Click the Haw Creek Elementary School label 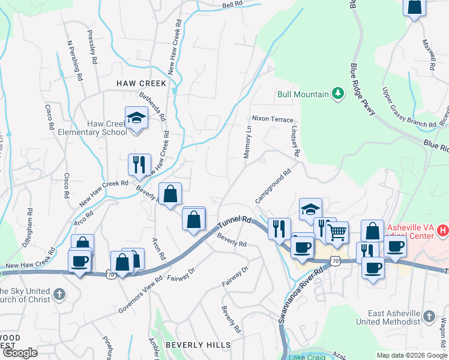coord(107,128)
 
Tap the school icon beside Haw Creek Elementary coord(136,117)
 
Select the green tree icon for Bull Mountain coord(338,94)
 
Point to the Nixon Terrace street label coord(273,119)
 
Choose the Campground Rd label coord(273,185)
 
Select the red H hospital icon coord(442,229)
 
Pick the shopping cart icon coord(337,232)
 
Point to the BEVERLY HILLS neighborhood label coord(197,345)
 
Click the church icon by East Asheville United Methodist coord(429,316)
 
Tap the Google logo coord(19,353)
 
